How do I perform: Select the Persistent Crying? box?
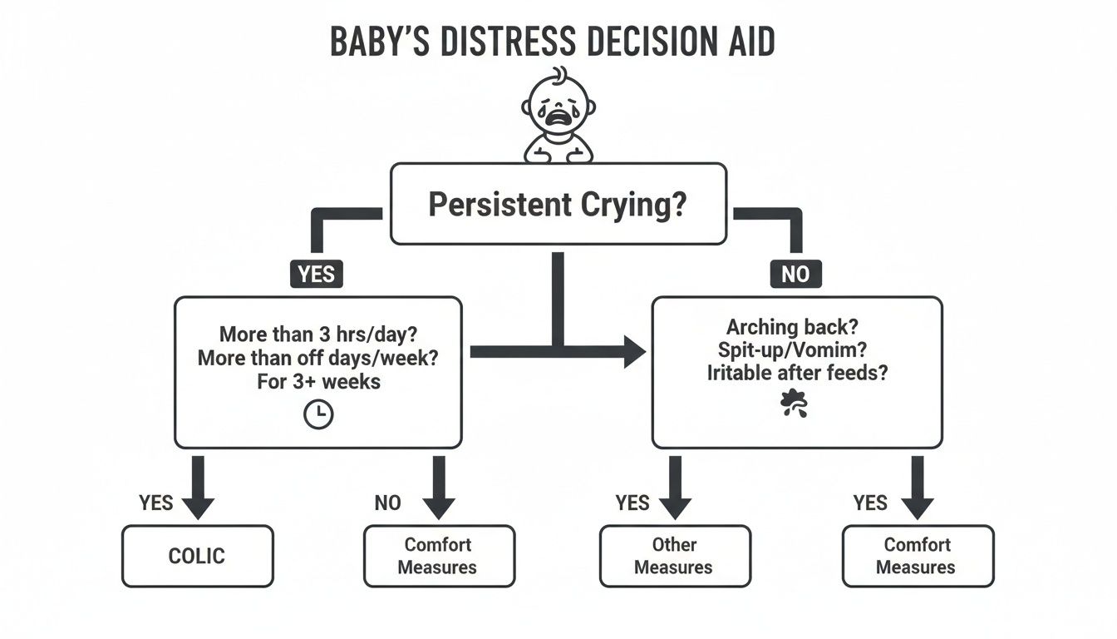coord(558,205)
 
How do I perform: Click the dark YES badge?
coord(316,275)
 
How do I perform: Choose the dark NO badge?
coord(795,275)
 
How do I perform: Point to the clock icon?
coord(318,415)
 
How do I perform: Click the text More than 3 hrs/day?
coord(318,334)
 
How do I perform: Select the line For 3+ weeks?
coord(318,382)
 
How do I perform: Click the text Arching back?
coord(796,326)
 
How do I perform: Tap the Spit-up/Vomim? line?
coord(796,349)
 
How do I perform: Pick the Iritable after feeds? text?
coord(796,373)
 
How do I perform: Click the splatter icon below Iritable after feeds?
coord(794,404)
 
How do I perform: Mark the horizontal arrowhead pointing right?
coord(633,352)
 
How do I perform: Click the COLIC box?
coord(197,556)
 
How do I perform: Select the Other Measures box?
coord(674,556)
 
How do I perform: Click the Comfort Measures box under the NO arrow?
coord(438,556)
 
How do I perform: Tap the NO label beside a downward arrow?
coord(387,503)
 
